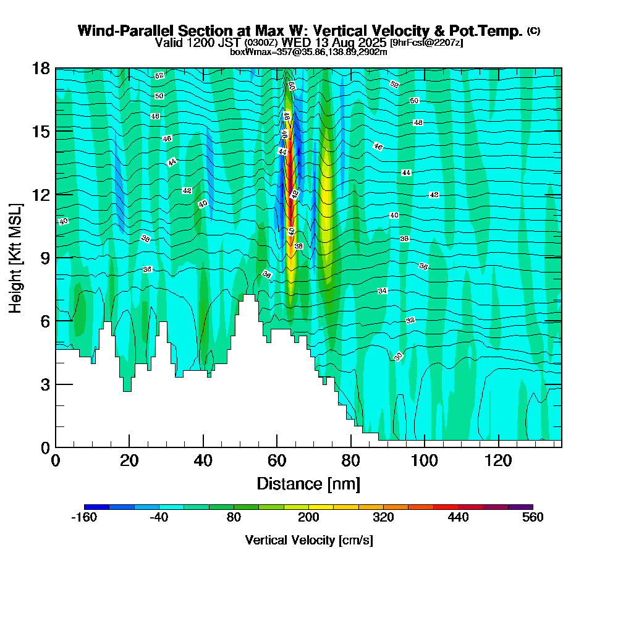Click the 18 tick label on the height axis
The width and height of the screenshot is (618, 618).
(x=41, y=68)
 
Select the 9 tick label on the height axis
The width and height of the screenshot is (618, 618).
(x=44, y=258)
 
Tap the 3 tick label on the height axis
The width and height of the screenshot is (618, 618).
(x=44, y=384)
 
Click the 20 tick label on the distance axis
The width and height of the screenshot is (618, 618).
(x=129, y=461)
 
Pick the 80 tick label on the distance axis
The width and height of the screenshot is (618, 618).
(x=351, y=461)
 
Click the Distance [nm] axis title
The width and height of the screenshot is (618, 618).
(x=308, y=483)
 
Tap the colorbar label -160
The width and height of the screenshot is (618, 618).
(x=84, y=517)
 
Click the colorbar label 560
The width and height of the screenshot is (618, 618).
(x=532, y=517)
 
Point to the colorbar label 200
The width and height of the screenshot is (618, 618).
(x=308, y=517)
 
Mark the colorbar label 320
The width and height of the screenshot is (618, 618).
(x=383, y=517)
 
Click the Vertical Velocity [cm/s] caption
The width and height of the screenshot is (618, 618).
(x=308, y=540)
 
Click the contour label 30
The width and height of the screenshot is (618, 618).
(x=398, y=357)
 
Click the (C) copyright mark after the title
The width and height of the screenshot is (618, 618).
(x=533, y=31)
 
